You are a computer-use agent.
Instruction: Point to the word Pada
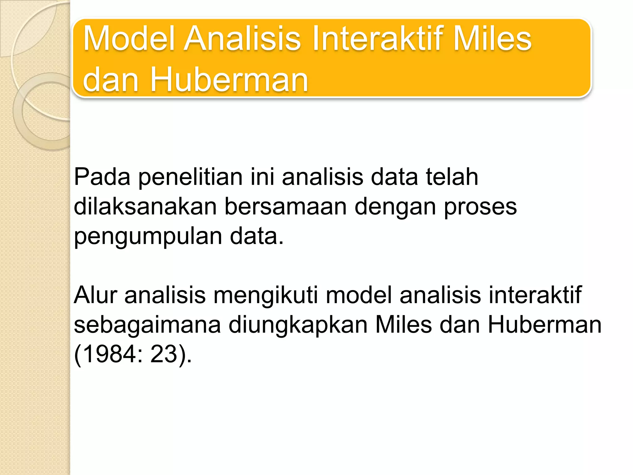coord(102,177)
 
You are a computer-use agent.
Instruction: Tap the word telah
coord(452,177)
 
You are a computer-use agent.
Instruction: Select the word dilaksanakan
coord(145,207)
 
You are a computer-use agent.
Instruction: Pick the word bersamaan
coord(285,207)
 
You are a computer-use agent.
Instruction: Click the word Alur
coord(95,295)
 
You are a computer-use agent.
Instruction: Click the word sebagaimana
coord(147,325)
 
